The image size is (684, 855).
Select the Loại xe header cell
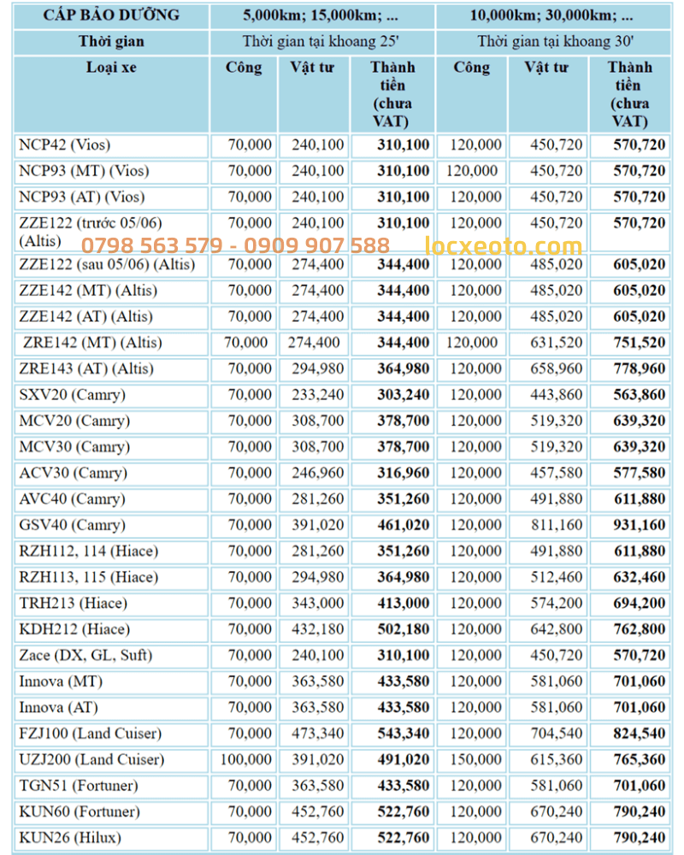(111, 68)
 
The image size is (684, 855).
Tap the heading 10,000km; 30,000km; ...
(551, 15)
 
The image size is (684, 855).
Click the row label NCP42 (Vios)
(65, 144)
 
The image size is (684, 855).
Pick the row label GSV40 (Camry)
(72, 525)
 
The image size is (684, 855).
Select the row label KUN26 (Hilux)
(70, 837)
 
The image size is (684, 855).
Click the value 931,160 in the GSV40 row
(639, 525)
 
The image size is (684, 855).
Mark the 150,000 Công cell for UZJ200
(474, 759)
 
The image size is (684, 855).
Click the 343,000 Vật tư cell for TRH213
(317, 603)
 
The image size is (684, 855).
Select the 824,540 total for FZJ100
(639, 733)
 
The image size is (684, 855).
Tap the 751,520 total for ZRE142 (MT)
(639, 343)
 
